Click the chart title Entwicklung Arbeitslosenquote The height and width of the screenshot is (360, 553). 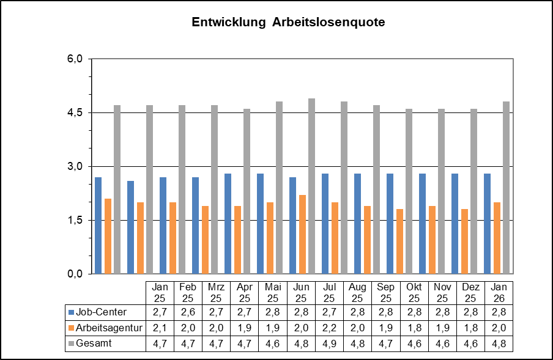tap(288, 23)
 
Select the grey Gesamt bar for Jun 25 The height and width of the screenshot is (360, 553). tap(311, 186)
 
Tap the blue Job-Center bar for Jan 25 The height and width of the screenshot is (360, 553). tap(98, 226)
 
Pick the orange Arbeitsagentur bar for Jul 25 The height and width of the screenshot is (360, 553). tap(335, 238)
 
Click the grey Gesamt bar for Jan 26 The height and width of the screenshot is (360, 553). tap(506, 188)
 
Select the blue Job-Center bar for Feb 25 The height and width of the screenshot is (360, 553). tap(130, 227)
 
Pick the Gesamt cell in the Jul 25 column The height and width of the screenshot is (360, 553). tap(330, 344)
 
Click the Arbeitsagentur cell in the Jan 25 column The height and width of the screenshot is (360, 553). tap(160, 328)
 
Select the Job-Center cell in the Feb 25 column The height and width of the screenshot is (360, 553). tap(188, 312)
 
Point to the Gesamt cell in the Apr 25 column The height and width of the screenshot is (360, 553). tap(245, 344)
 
